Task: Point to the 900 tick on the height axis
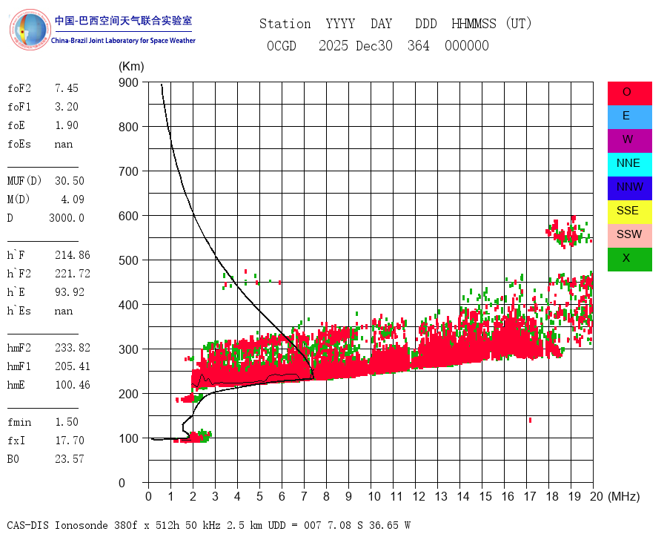pyautogui.click(x=128, y=82)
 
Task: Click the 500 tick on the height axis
pyautogui.click(x=128, y=260)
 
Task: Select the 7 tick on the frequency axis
pyautogui.click(x=304, y=496)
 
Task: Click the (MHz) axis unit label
pyautogui.click(x=623, y=496)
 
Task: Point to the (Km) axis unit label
pyautogui.click(x=131, y=67)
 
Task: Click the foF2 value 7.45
pyautogui.click(x=66, y=88)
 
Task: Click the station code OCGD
pyautogui.click(x=282, y=46)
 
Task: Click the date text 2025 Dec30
pyautogui.click(x=356, y=46)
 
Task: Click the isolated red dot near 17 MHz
pyautogui.click(x=530, y=421)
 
